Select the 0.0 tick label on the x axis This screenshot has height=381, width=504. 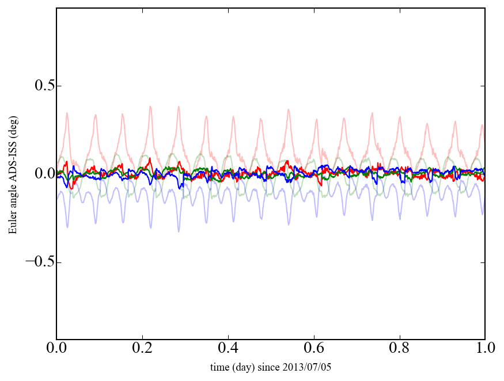click(56, 349)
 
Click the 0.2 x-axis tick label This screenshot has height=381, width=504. click(142, 349)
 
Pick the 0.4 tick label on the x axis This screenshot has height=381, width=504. click(228, 349)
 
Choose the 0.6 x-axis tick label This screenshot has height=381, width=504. click(314, 349)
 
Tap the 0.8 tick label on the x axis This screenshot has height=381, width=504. click(399, 349)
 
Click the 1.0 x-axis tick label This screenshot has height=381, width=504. click(484, 349)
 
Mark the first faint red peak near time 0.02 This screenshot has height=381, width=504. click(67, 113)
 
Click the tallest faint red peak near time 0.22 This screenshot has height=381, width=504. click(150, 106)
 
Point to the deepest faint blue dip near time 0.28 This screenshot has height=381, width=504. click(179, 231)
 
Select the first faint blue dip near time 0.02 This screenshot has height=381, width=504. click(67, 227)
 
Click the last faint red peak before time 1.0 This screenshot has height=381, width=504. click(482, 125)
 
